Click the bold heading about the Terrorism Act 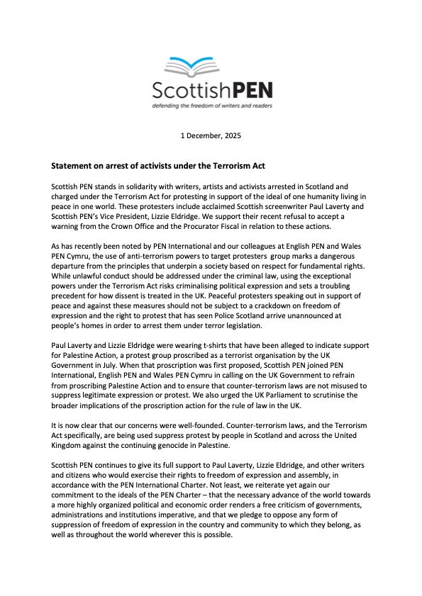(157, 166)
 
